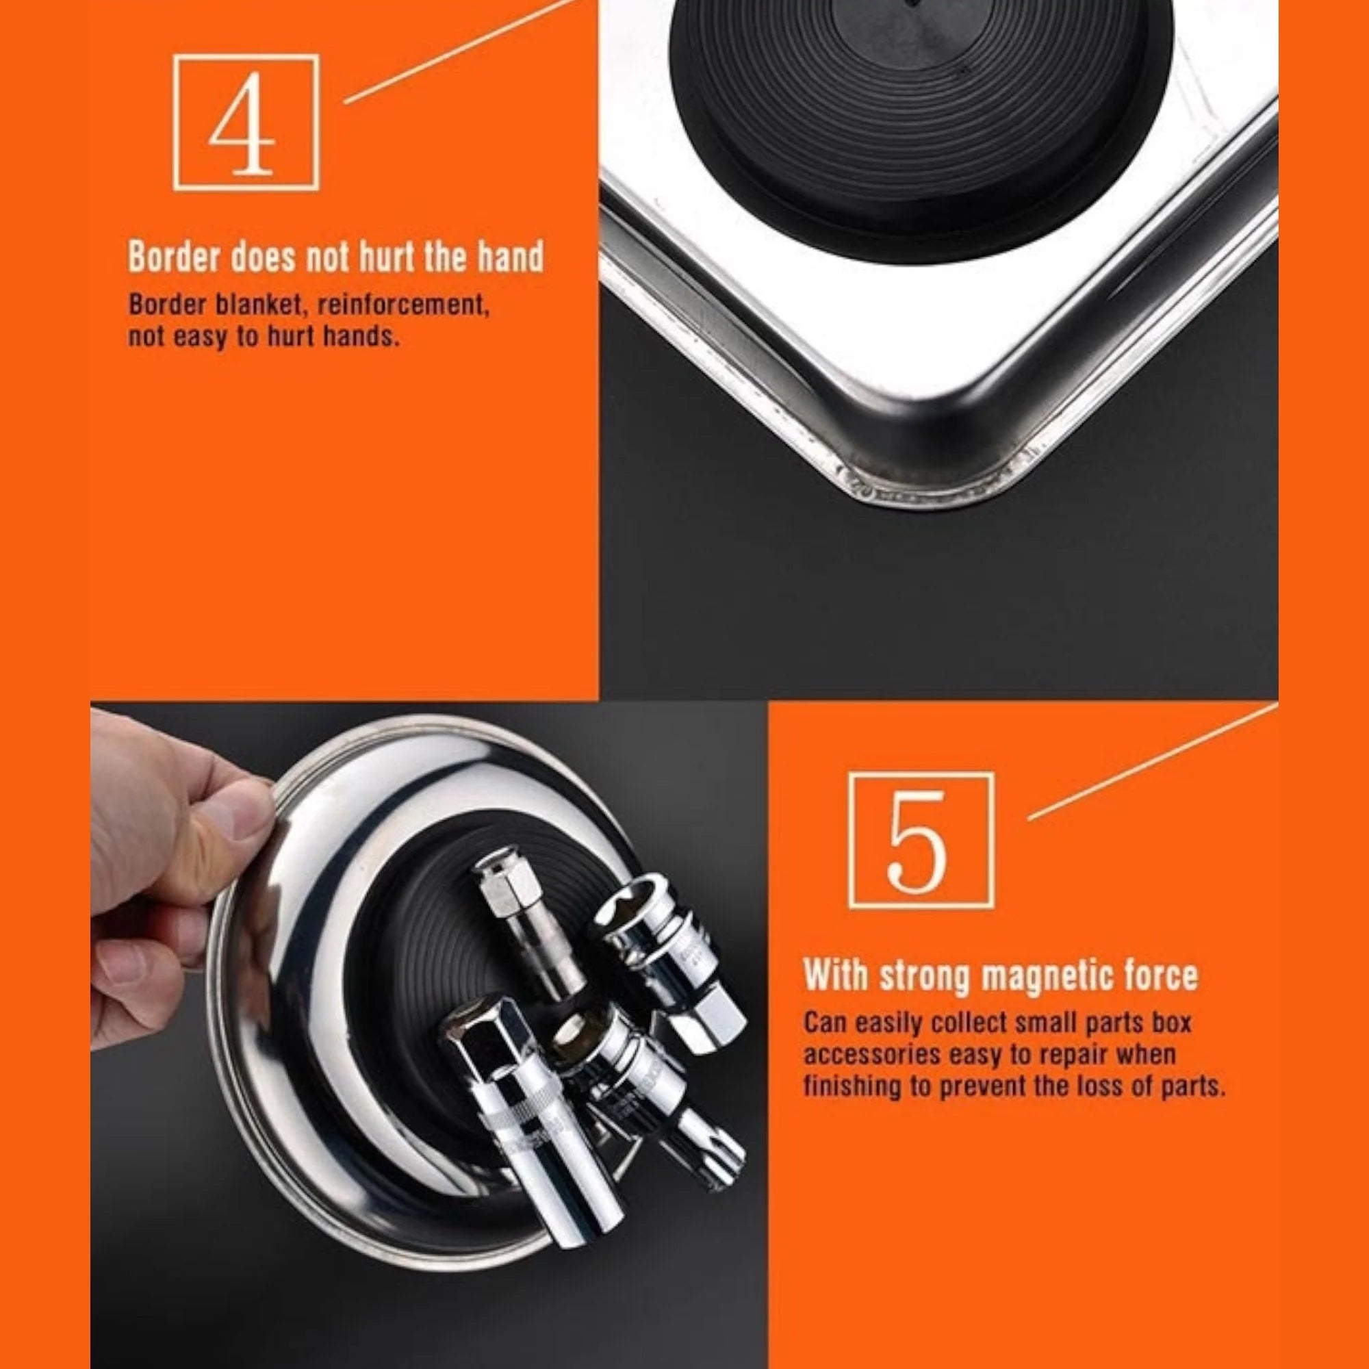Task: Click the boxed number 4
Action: point(246,122)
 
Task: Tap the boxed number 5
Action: point(921,840)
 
